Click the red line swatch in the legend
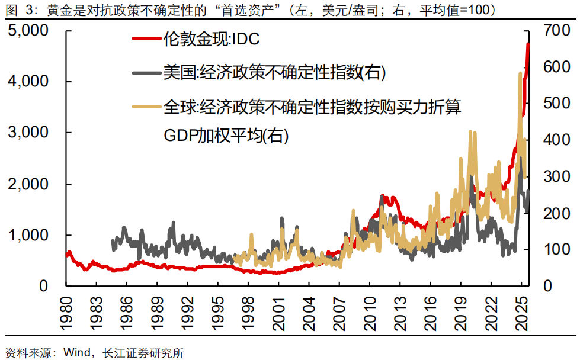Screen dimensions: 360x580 click(147, 40)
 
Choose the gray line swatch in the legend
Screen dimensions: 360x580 click(147, 73)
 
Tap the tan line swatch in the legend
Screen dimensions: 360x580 click(147, 107)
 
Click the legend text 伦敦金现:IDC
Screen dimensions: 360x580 click(212, 40)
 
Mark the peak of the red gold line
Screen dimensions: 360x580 click(528, 44)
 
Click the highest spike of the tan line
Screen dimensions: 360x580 click(520, 73)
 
